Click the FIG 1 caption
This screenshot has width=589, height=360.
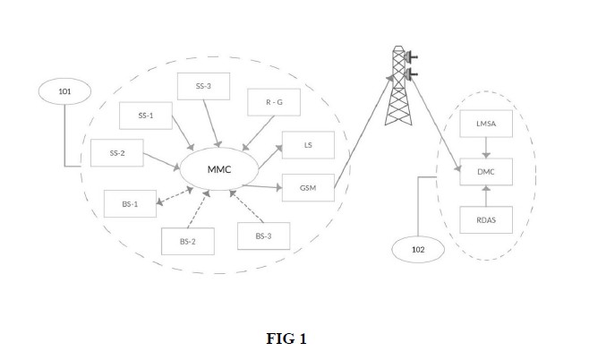[286, 339]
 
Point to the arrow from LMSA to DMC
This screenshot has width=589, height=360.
[486, 148]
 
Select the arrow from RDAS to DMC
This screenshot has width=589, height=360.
[486, 196]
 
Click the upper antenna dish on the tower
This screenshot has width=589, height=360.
[411, 57]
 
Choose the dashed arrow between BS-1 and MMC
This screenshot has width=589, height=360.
[175, 196]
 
